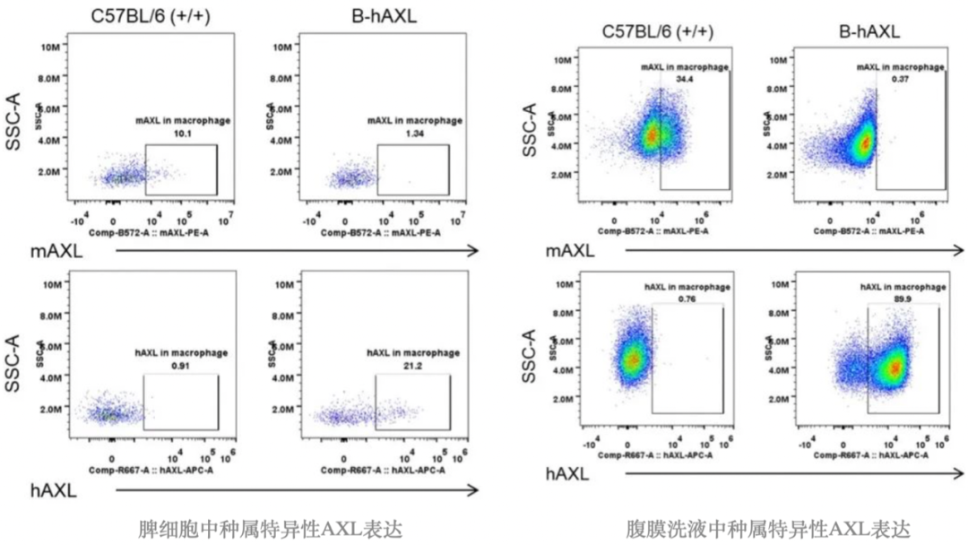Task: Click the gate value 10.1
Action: coord(182,134)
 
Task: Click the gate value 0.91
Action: coord(182,365)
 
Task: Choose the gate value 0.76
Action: coord(687,298)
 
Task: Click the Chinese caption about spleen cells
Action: coord(265,527)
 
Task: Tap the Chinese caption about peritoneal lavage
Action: coord(767,527)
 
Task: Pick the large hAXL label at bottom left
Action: coord(54,489)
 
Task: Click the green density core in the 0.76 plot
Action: coord(633,359)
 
